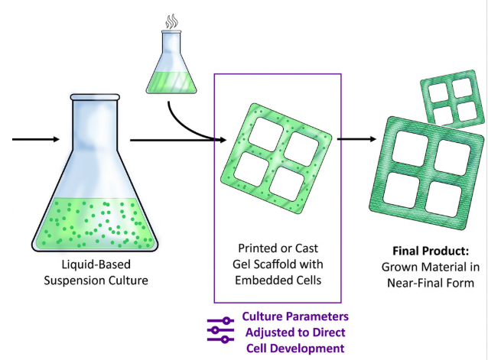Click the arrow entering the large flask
click(x=35, y=139)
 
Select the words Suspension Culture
click(x=96, y=281)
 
